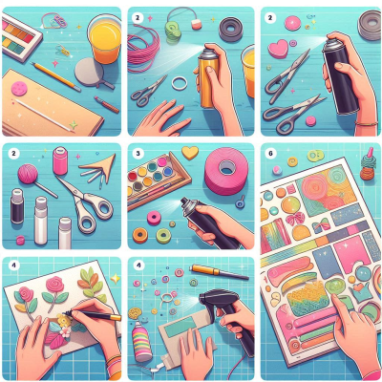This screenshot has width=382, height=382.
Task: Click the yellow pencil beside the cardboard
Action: click(x=55, y=75)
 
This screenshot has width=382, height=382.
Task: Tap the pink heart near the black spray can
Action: click(x=278, y=49)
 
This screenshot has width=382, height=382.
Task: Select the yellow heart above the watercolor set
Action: click(x=190, y=153)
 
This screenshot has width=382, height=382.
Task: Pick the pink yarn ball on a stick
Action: click(x=28, y=174)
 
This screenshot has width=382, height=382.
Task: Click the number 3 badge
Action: click(x=138, y=154)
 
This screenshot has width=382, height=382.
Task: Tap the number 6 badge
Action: click(x=271, y=154)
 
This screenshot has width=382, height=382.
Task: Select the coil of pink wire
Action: click(x=143, y=53)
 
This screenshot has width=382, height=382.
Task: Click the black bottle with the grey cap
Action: click(x=17, y=205)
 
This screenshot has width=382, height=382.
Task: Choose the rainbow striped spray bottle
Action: click(x=142, y=341)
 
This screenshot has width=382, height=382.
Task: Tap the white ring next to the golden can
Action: click(x=180, y=83)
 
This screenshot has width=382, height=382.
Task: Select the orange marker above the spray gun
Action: click(x=220, y=272)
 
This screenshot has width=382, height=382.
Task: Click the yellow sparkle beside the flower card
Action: click(x=116, y=279)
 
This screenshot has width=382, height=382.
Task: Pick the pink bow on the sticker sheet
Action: click(x=294, y=219)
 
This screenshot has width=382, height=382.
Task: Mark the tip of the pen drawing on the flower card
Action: click(x=64, y=313)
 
